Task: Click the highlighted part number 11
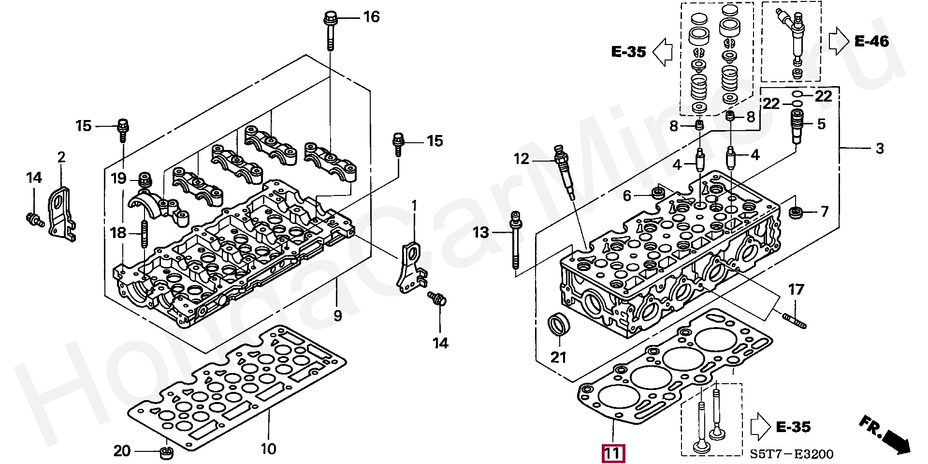(x=613, y=454)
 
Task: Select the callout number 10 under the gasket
(x=268, y=449)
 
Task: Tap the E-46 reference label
(x=871, y=41)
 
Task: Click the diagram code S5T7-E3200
(x=792, y=454)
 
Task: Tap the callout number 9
(x=337, y=315)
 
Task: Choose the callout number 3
(x=880, y=149)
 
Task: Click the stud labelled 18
(x=144, y=234)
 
